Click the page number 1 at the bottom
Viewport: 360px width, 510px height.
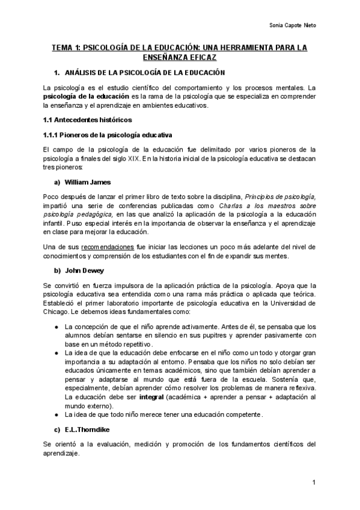click(x=314, y=483)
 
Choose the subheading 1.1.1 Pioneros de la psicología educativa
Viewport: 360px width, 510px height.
click(x=108, y=134)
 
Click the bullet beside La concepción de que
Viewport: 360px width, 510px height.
click(x=56, y=327)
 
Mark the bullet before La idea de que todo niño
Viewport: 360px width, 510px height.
click(x=56, y=415)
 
